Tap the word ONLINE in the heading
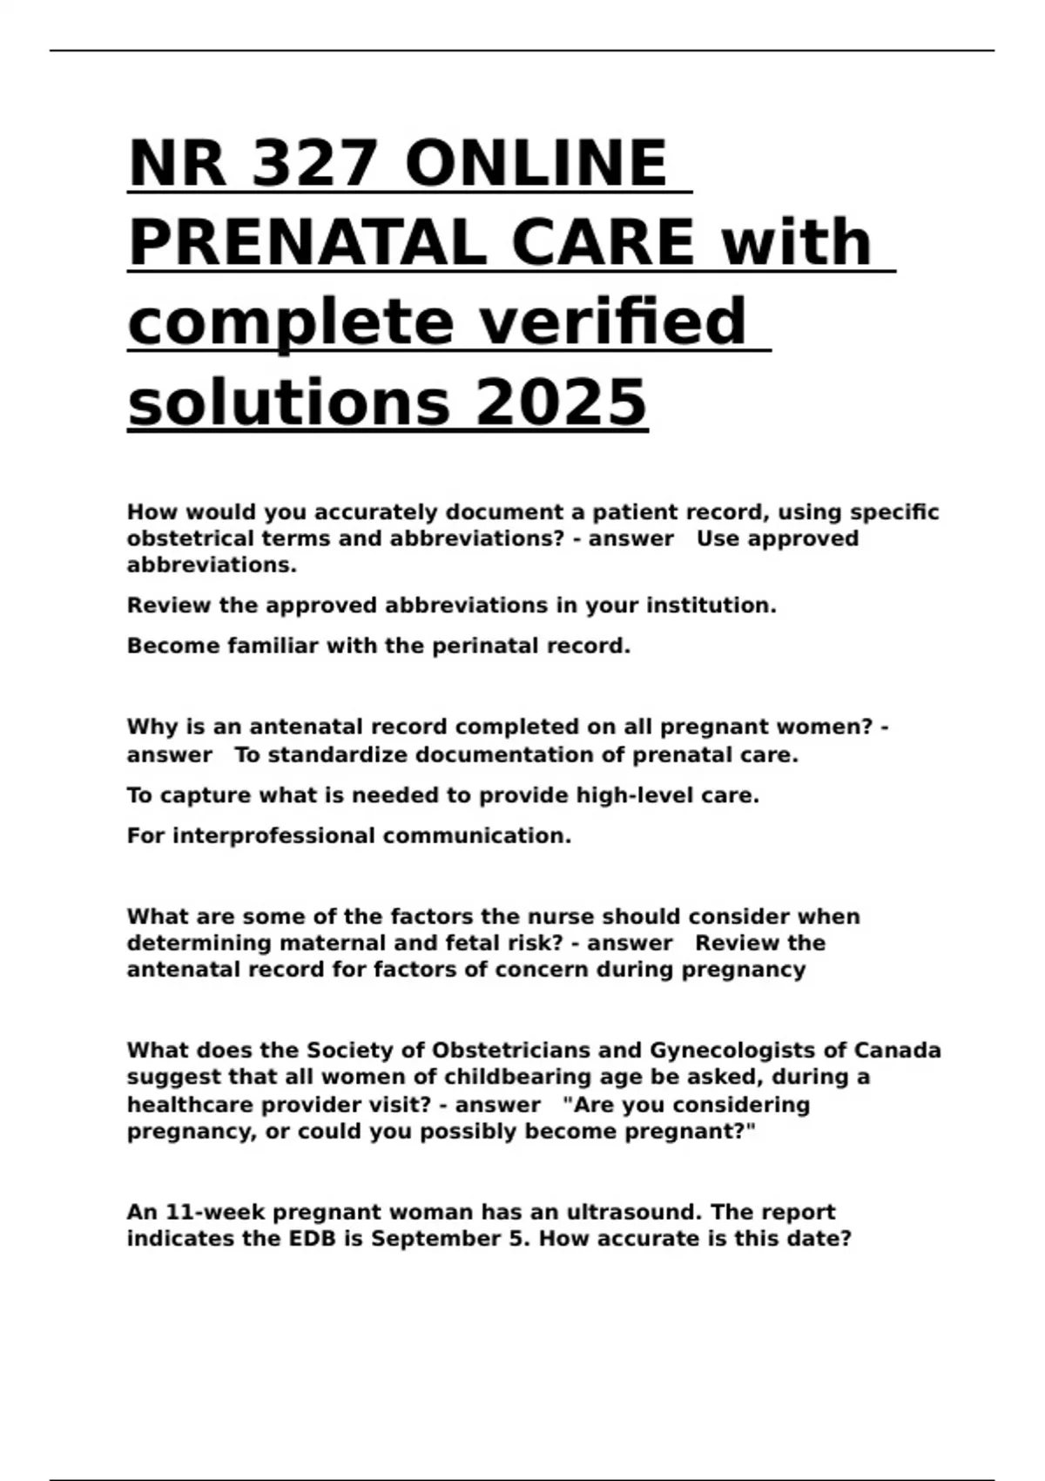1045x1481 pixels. tap(536, 163)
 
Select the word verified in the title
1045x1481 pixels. tap(613, 321)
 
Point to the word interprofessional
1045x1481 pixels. tap(273, 836)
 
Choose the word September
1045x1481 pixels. tap(441, 1239)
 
